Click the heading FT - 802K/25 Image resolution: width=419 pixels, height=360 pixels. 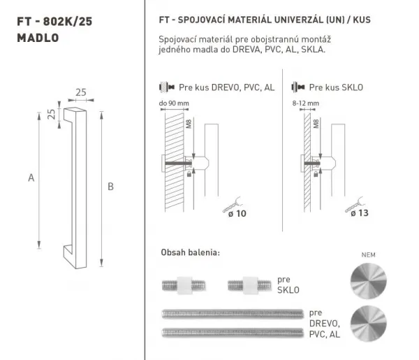[x=54, y=22]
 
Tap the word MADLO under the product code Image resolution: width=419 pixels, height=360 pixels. [x=38, y=38]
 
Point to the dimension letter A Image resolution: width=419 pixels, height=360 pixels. [x=31, y=178]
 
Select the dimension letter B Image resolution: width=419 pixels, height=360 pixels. [x=110, y=187]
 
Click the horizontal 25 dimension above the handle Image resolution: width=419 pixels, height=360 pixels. [x=81, y=92]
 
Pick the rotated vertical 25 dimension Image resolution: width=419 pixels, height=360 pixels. [x=51, y=114]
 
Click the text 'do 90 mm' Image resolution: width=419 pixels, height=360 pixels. [x=174, y=103]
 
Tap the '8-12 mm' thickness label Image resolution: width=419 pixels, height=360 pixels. [x=306, y=103]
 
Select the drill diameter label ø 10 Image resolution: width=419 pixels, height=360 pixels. [x=237, y=213]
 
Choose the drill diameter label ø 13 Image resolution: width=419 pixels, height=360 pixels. [x=360, y=213]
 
